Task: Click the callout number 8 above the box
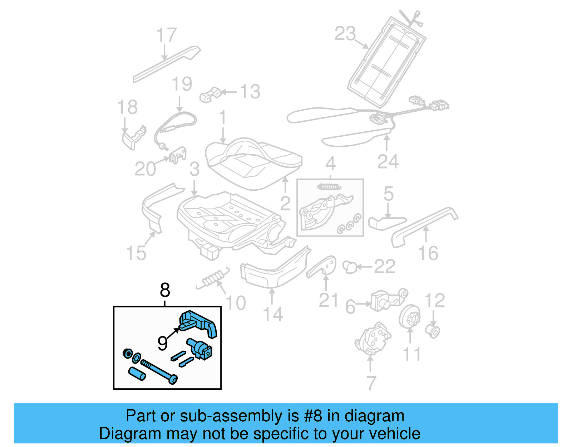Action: coord(165,290)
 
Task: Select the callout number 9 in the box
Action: coord(163,344)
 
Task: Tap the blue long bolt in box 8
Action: coord(159,372)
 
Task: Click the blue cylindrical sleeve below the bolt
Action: coord(137,373)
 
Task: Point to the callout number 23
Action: coord(345,34)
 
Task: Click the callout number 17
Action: coord(167,35)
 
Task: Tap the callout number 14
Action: coord(273,315)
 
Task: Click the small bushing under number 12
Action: coord(433,331)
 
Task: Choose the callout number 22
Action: coord(385,267)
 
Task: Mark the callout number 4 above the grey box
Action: coord(330,164)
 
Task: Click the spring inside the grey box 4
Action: coord(329,187)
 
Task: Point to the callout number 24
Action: coord(388,162)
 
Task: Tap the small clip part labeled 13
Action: coord(210,95)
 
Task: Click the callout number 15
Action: coord(136,253)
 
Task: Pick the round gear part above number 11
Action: coord(410,316)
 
